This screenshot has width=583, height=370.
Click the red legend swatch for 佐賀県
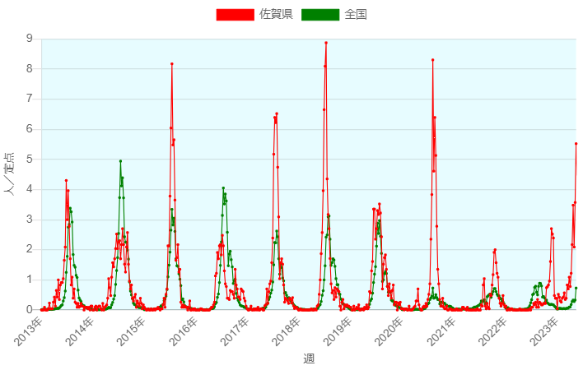pyautogui.click(x=235, y=14)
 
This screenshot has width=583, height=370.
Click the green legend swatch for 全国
pyautogui.click(x=320, y=14)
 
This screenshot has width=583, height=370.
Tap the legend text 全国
pyautogui.click(x=356, y=14)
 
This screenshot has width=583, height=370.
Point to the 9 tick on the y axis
pyautogui.click(x=30, y=39)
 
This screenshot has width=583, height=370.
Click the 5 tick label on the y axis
pyautogui.click(x=30, y=160)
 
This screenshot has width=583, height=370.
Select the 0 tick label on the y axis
pyautogui.click(x=30, y=310)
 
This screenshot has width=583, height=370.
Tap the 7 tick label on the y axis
pyautogui.click(x=30, y=99)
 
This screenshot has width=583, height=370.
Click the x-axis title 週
pyautogui.click(x=309, y=358)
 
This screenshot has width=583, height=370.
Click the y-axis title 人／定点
pyautogui.click(x=9, y=174)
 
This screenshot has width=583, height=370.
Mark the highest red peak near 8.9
pyautogui.click(x=326, y=43)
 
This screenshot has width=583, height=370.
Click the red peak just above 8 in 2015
pyautogui.click(x=172, y=64)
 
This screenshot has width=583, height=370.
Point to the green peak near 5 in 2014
pyautogui.click(x=120, y=161)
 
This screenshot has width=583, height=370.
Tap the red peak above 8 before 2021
pyautogui.click(x=432, y=60)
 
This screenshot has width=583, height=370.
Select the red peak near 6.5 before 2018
pyautogui.click(x=277, y=113)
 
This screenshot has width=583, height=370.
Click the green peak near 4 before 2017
pyautogui.click(x=223, y=188)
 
